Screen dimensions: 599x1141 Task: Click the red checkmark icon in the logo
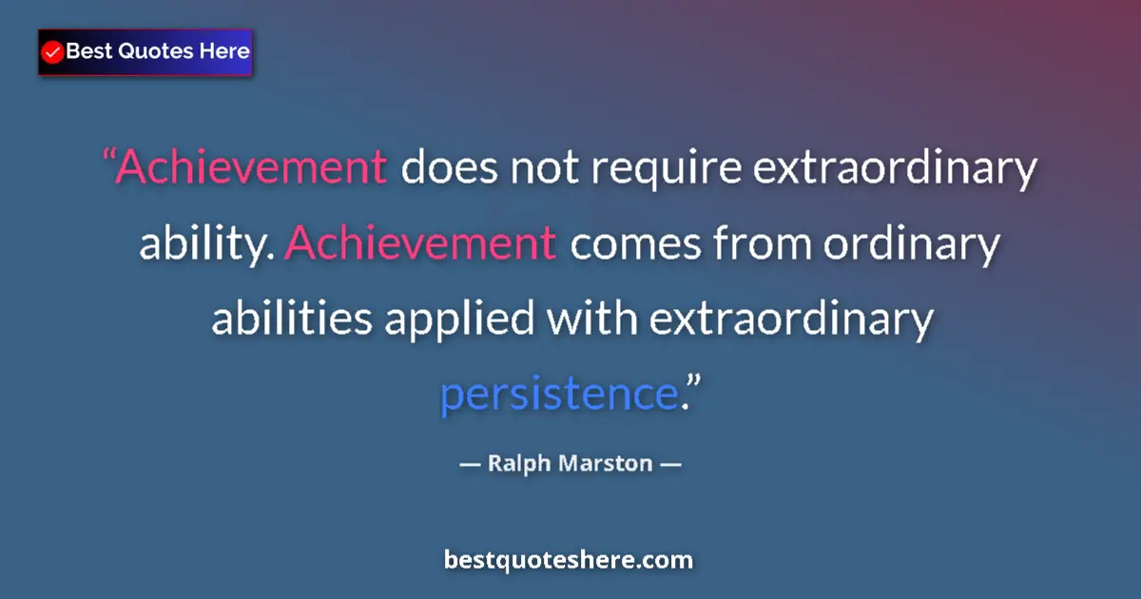pos(53,52)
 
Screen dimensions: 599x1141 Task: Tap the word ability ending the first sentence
pos(205,245)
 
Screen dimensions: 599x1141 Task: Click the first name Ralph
pos(520,465)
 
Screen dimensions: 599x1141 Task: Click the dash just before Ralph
pos(470,465)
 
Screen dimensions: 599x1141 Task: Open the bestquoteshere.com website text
pos(569,560)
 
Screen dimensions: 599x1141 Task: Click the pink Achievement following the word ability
pos(419,244)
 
